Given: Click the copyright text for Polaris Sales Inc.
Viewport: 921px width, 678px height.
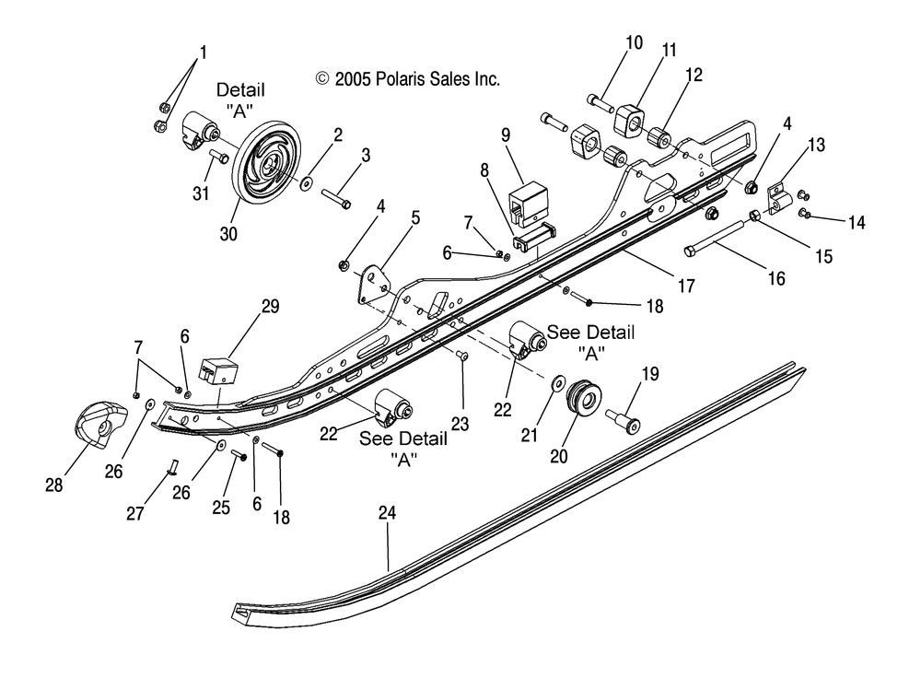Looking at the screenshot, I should [x=407, y=79].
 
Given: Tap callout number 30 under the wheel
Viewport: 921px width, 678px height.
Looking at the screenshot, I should [x=228, y=234].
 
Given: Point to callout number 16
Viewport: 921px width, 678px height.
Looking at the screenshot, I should [x=776, y=277].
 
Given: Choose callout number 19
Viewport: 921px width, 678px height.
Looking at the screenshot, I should [x=650, y=375].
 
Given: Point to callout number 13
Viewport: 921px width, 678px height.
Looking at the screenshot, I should [x=816, y=145].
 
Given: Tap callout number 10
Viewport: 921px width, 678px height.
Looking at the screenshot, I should [x=634, y=42].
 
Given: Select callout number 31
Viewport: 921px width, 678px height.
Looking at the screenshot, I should [x=201, y=193].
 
